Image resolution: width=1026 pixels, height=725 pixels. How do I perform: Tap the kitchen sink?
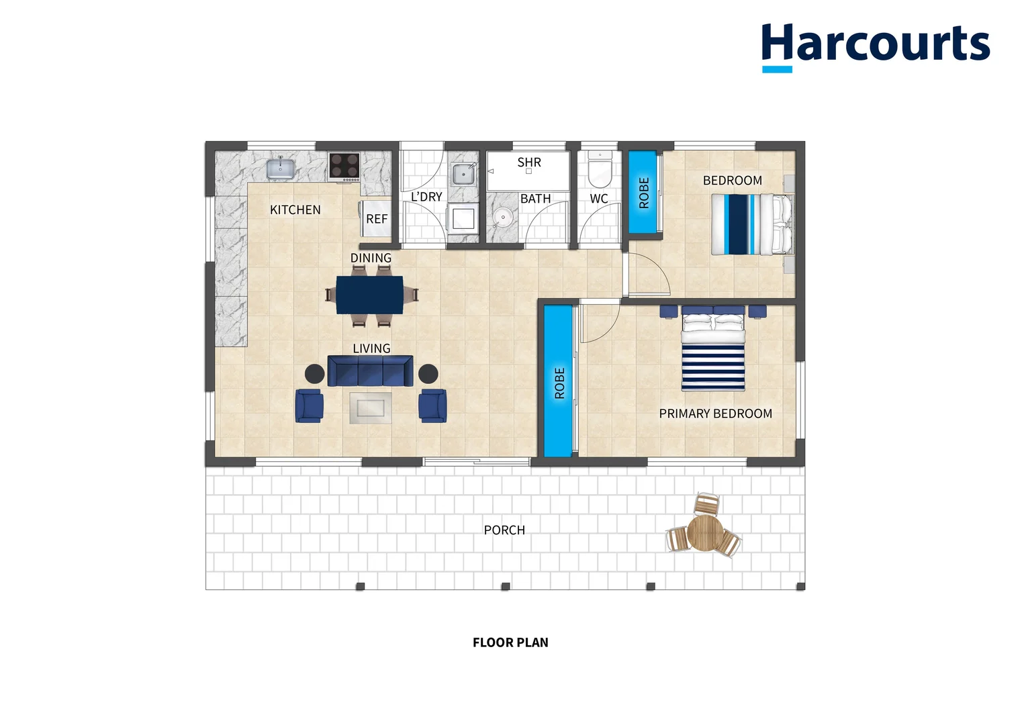[280, 168]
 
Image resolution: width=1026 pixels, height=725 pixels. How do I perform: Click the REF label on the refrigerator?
[377, 219]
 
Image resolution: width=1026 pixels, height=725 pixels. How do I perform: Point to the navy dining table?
[369, 295]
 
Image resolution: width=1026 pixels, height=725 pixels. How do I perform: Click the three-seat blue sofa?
[370, 371]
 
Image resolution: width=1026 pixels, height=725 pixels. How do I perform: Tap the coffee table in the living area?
[371, 407]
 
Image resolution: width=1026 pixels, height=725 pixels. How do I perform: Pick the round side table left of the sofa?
[315, 374]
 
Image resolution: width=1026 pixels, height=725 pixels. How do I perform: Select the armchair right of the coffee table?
[432, 405]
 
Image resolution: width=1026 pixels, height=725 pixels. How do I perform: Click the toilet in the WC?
[600, 168]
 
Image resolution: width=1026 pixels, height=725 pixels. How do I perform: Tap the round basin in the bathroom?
[503, 217]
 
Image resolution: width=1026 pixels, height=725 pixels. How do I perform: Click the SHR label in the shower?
[529, 162]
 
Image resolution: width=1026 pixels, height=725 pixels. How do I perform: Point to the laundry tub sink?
[463, 174]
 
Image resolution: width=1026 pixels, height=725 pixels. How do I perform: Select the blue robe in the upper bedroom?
[643, 191]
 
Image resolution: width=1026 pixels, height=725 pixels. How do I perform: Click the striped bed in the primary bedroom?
[712, 349]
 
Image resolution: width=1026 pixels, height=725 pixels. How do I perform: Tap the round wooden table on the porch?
[705, 533]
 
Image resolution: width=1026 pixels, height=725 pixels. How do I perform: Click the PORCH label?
[504, 530]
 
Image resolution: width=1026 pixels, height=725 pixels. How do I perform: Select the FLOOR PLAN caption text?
[510, 642]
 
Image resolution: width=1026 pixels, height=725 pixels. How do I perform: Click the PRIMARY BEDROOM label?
[716, 414]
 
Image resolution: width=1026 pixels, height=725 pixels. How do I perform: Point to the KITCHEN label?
[295, 209]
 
